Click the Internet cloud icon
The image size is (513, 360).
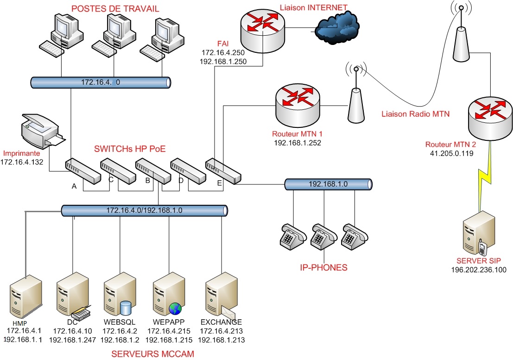pos(337,28)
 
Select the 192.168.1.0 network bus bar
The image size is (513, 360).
pos(328,184)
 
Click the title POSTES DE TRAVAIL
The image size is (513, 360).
pos(115,8)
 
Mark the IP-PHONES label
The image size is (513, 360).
pos(323,267)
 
